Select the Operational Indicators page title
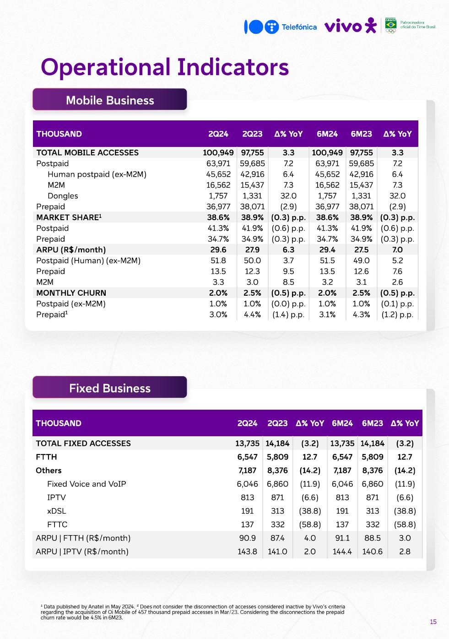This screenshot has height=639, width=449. point(165,67)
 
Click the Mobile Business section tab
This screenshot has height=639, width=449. point(110,100)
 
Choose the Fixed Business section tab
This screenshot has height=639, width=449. point(110,388)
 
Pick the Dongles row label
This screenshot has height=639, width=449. point(63,196)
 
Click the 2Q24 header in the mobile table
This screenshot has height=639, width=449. point(218,134)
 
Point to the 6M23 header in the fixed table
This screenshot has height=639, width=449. point(372,423)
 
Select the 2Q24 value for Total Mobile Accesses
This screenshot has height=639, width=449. point(218,153)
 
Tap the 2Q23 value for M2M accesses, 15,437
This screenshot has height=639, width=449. point(252,185)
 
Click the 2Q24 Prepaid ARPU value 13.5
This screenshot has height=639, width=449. point(218,271)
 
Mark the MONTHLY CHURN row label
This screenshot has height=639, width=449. point(71,293)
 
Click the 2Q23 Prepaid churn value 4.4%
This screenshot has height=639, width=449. point(252,314)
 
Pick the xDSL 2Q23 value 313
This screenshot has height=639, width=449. point(277,511)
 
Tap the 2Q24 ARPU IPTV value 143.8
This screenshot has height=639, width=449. point(247,552)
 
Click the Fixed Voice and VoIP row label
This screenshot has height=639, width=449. point(87,484)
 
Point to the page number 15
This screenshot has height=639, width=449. point(433,622)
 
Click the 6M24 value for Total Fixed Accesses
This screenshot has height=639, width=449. point(342,444)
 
